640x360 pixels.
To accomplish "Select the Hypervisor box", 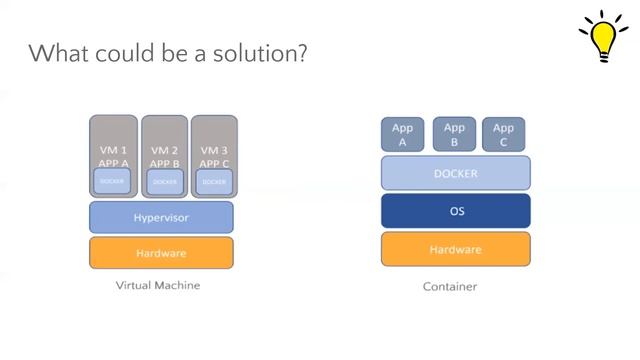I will click(x=161, y=217).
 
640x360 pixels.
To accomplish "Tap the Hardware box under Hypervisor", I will click(x=161, y=253).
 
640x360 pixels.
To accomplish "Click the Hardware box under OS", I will click(x=455, y=249).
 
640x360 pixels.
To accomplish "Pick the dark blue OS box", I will click(x=455, y=211).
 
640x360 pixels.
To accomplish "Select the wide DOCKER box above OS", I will click(x=455, y=173).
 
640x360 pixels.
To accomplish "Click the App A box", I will click(x=403, y=134).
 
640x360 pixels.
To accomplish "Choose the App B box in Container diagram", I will click(x=454, y=134).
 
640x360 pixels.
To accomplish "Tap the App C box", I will click(x=503, y=134).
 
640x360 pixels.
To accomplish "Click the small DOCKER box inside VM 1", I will click(x=113, y=182).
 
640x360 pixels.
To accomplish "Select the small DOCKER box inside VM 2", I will click(x=165, y=182).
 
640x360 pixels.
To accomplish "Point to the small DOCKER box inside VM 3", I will click(x=214, y=182).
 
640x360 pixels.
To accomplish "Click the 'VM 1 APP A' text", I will click(x=113, y=157).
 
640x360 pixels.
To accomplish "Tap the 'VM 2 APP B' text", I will click(x=164, y=157).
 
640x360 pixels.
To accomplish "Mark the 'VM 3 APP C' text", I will click(x=213, y=157).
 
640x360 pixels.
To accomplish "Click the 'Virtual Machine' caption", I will click(x=159, y=285).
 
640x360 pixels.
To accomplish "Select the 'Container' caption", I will click(x=449, y=287).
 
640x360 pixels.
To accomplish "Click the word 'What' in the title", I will click(x=56, y=53).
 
